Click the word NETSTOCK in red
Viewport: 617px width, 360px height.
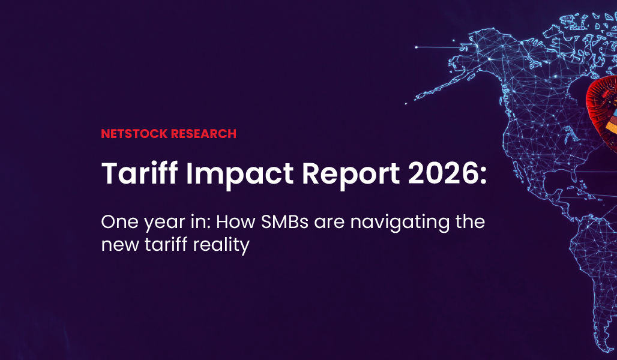coord(134,134)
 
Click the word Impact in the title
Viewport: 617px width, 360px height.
coord(239,174)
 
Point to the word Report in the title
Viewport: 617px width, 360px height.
coord(351,174)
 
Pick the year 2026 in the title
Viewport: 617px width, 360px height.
coord(440,173)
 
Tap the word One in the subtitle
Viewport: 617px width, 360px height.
coord(119,222)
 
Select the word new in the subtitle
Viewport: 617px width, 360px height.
coord(119,246)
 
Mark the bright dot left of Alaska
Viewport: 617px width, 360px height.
coord(416,47)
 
